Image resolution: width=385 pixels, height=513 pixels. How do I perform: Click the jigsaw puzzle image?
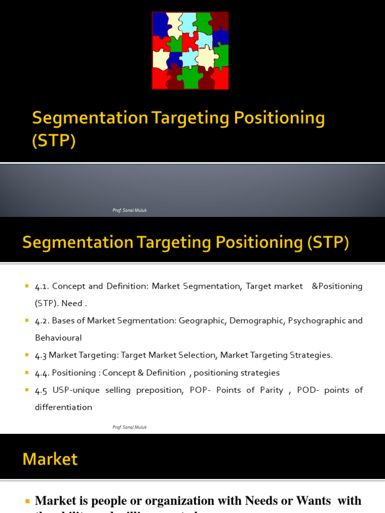[190, 51]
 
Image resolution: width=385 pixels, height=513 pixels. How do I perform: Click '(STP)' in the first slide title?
[54, 141]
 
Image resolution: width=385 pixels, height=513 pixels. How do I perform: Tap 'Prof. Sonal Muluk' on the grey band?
[129, 210]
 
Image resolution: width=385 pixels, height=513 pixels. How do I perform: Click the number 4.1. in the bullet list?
[42, 286]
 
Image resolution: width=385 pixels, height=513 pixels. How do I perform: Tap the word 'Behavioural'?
[58, 338]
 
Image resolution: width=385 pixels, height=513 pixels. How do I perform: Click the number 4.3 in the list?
[41, 355]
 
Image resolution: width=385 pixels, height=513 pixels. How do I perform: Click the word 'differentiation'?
[63, 407]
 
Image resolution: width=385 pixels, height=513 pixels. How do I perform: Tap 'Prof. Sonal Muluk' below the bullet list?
[129, 427]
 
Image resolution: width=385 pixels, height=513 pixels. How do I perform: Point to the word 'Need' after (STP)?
[73, 303]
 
